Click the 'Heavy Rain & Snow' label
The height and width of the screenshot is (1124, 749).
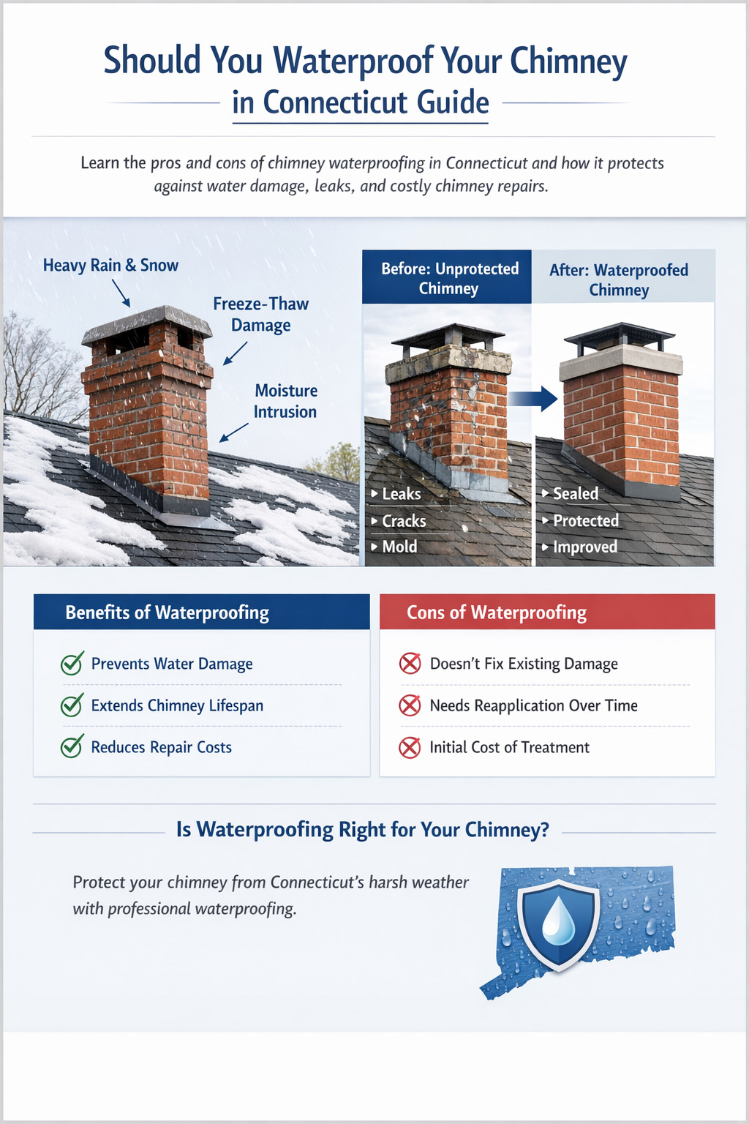tap(110, 266)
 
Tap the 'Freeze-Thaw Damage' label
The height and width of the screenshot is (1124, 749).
tap(260, 314)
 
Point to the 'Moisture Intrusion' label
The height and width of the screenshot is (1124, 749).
tap(285, 401)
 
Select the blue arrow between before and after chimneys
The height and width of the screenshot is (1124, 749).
tap(533, 398)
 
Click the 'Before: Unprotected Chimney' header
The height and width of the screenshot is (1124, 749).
tap(449, 278)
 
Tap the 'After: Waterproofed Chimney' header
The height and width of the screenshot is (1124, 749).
tap(619, 280)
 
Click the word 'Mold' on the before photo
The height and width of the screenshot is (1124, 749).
tap(399, 547)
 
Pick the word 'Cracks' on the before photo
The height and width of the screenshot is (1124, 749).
tap(404, 521)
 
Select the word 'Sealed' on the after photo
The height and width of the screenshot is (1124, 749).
tap(576, 494)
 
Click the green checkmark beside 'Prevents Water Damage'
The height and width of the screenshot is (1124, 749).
tap(72, 664)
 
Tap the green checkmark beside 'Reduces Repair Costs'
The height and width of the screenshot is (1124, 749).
tap(72, 747)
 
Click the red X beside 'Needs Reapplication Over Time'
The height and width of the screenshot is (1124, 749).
tap(410, 705)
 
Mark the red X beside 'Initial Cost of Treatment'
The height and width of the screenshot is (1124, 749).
tap(410, 748)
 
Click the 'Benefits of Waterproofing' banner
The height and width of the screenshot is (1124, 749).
tap(201, 612)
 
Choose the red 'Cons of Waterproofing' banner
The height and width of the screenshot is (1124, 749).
tap(546, 612)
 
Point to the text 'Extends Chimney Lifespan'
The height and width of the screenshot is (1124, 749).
tap(177, 705)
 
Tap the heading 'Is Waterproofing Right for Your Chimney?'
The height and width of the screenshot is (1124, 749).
tap(362, 830)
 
